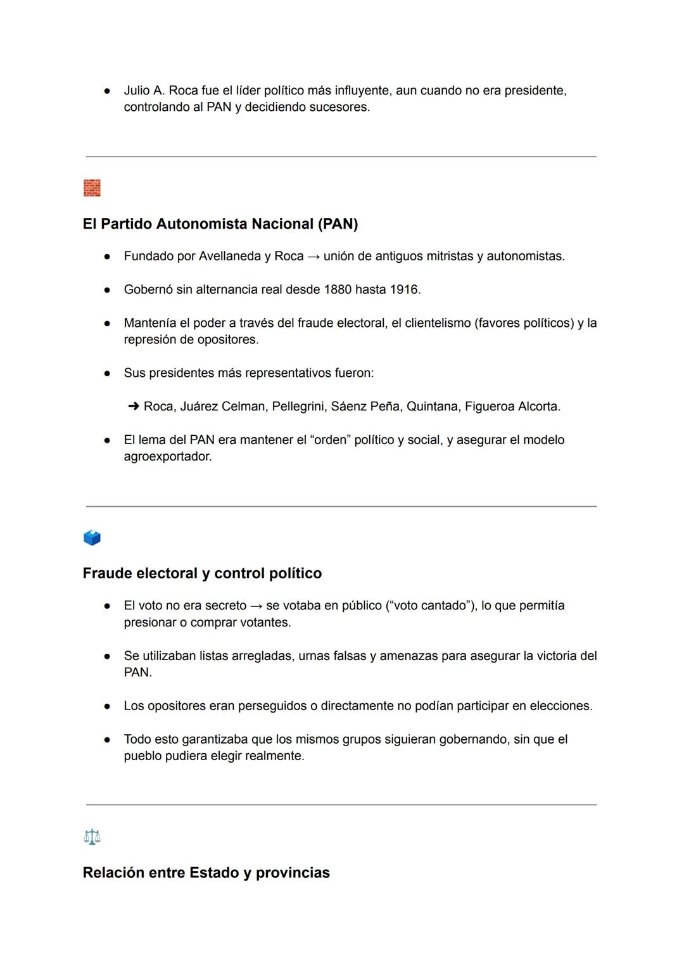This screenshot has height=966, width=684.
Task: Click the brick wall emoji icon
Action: click(92, 188)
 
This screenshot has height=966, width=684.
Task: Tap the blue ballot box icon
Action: click(92, 538)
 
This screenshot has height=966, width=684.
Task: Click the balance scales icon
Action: click(92, 837)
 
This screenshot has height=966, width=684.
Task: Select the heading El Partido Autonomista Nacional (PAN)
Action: click(220, 224)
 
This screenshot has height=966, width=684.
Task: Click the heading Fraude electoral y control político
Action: click(202, 573)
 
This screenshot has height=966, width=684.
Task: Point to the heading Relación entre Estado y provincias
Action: click(206, 873)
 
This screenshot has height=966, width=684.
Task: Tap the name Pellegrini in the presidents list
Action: click(298, 407)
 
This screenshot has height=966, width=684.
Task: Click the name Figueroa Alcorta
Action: click(512, 407)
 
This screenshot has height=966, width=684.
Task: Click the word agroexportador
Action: click(168, 457)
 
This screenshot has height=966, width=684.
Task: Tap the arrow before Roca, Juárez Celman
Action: click(134, 406)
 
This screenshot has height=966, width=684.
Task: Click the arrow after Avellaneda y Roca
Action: click(313, 257)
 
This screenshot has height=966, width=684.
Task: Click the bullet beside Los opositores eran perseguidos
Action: click(108, 706)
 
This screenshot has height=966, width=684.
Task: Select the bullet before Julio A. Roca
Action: click(108, 91)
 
